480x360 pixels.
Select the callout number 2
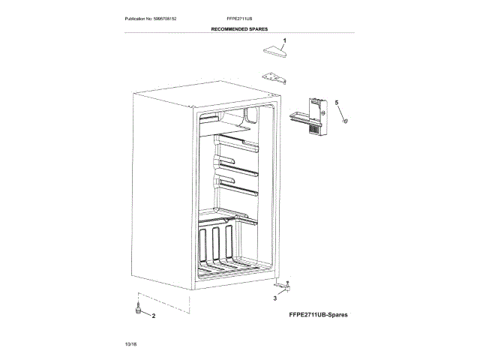[x=154, y=316]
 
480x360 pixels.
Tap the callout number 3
[x=274, y=298]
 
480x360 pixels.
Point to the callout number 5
[x=337, y=102]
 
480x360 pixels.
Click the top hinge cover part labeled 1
[x=275, y=51]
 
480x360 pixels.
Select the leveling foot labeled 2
[x=137, y=308]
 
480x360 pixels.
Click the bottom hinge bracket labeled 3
[x=283, y=286]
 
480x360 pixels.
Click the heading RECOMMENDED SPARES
[x=239, y=28]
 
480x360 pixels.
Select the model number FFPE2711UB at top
[x=239, y=16]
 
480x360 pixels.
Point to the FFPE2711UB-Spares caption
[x=318, y=315]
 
